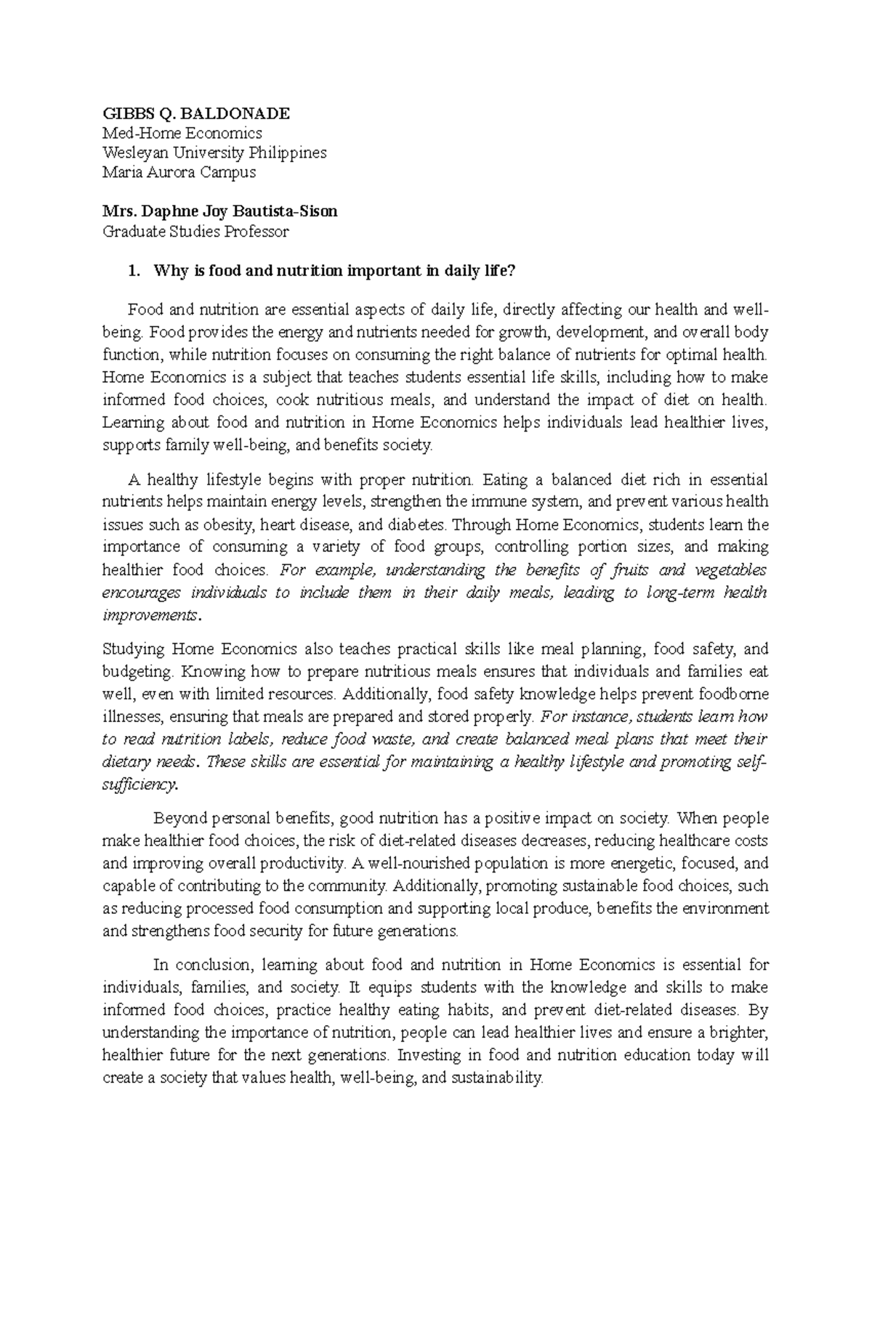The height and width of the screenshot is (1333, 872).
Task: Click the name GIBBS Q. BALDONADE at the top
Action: (x=196, y=113)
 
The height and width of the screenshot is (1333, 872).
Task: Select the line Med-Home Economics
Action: (x=182, y=133)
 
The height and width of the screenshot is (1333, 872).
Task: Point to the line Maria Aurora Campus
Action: (x=179, y=172)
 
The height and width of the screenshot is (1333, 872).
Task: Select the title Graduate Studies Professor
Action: (x=195, y=232)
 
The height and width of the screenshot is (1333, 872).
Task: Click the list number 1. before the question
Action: (x=132, y=272)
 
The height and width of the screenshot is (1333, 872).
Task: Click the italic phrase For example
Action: (x=320, y=570)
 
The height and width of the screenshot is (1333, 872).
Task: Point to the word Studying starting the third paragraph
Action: (x=134, y=649)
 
